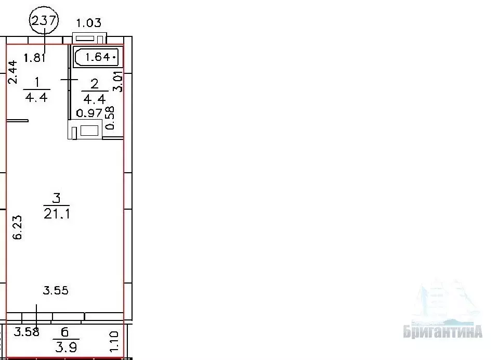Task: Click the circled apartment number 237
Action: [x=44, y=20]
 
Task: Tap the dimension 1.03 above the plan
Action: [x=88, y=23]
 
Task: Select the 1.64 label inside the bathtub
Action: [x=98, y=57]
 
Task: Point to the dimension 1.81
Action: [x=35, y=58]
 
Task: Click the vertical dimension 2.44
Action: [x=12, y=72]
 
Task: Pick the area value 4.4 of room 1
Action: [x=36, y=97]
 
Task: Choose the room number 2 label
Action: [x=95, y=84]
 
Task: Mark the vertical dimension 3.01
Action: [x=118, y=82]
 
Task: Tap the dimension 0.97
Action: [x=89, y=113]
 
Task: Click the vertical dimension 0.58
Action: [x=110, y=118]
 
